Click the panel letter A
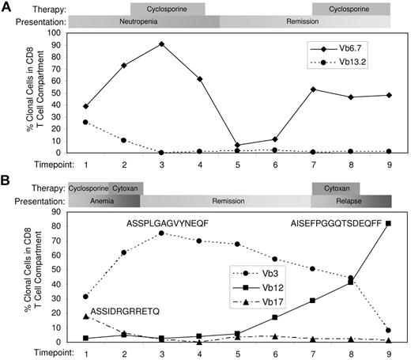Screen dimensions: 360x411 point(6,8)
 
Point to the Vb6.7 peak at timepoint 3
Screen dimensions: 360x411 point(160,44)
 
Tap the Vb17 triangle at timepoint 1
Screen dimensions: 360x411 point(85,316)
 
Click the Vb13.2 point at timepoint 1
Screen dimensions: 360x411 point(85,122)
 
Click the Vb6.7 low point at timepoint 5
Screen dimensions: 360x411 point(236,146)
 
